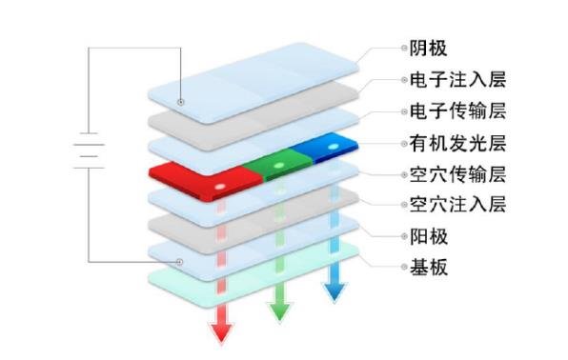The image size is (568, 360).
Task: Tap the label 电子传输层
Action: coord(449,110)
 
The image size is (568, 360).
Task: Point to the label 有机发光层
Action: coord(449,144)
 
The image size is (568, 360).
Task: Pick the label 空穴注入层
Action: coord(449,204)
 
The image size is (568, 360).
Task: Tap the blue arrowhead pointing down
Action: coord(334,290)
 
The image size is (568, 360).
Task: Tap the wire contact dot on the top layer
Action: coord(179,100)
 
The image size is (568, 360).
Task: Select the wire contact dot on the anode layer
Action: coord(179,261)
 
